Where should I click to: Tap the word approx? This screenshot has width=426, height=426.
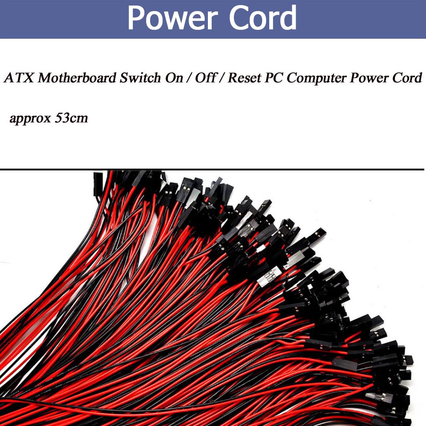click(30, 118)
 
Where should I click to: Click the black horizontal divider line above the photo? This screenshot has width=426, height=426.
click(213, 170)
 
